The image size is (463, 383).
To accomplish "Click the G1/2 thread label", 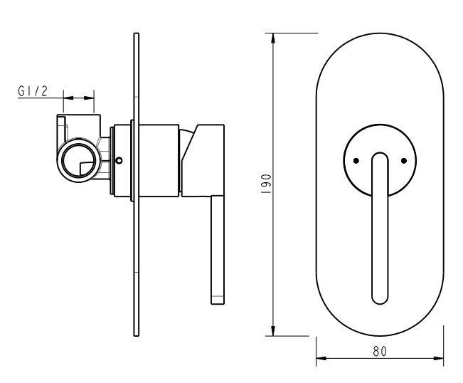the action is (x=33, y=91).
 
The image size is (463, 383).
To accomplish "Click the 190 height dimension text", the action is (x=266, y=184).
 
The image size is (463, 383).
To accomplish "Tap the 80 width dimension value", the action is (x=380, y=351).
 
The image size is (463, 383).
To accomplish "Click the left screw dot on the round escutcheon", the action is (x=356, y=161).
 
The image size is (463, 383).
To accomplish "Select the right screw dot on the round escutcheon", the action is (x=404, y=161).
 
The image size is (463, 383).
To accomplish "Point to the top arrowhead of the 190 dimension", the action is (x=273, y=38).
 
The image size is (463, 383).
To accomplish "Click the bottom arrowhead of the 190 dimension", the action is (x=273, y=331).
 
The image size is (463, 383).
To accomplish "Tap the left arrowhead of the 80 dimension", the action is (x=321, y=358).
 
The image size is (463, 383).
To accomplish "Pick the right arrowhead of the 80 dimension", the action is (x=438, y=358).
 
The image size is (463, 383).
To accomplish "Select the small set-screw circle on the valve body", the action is (x=119, y=160).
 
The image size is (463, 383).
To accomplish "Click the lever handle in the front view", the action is (x=380, y=228).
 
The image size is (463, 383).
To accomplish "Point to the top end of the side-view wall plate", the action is (x=136, y=33).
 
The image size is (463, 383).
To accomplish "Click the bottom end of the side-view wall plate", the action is (x=136, y=336).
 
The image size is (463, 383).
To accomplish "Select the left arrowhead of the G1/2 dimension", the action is (x=68, y=98).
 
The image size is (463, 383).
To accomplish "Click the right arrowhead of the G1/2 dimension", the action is (x=89, y=98).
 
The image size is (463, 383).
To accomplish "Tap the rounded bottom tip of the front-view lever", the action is (x=380, y=304).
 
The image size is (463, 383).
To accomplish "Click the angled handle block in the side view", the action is (x=203, y=160).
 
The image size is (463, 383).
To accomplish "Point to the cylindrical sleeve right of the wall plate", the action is (x=159, y=160).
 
